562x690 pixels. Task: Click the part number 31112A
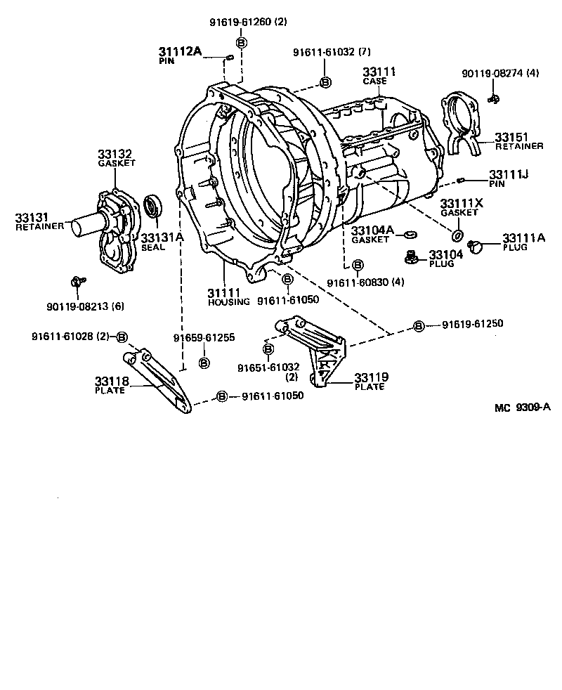pyautogui.click(x=180, y=51)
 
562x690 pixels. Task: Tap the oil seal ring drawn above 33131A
pyautogui.click(x=152, y=207)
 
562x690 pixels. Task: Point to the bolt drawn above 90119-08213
pyautogui.click(x=77, y=282)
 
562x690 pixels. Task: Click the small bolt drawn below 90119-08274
pyautogui.click(x=493, y=98)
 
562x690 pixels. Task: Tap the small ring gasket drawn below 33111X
pyautogui.click(x=457, y=235)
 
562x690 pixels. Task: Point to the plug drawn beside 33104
pyautogui.click(x=412, y=257)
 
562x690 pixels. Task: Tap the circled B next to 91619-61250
pyautogui.click(x=419, y=325)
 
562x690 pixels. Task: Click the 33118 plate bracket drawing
pyautogui.click(x=161, y=380)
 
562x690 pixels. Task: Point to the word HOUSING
pyautogui.click(x=228, y=301)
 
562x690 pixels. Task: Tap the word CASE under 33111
pyautogui.click(x=375, y=82)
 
